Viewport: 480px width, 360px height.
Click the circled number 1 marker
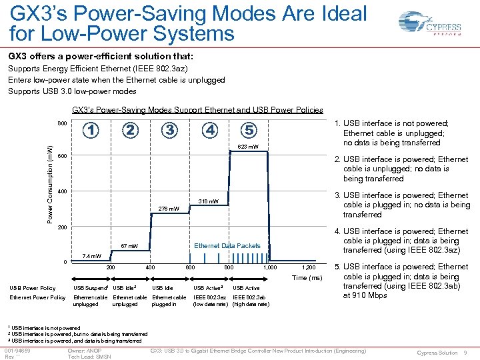[x=91, y=130]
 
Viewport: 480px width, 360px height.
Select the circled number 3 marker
[x=170, y=130]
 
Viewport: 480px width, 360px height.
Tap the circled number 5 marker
[x=248, y=130]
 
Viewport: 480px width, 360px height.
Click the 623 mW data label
[x=247, y=147]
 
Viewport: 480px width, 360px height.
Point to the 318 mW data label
[x=208, y=201]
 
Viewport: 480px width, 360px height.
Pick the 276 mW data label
[x=168, y=209]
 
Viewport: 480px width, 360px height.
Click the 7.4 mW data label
[x=91, y=256]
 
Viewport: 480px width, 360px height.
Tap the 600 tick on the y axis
[x=61, y=156]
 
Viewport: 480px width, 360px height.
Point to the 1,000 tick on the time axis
[x=269, y=267]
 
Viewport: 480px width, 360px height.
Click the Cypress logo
[x=427, y=23]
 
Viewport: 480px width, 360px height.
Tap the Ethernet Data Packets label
[x=227, y=246]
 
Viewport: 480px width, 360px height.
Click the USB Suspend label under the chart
[x=91, y=288]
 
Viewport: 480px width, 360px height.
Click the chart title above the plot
[x=197, y=110]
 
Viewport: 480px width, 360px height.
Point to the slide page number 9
[x=465, y=353]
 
